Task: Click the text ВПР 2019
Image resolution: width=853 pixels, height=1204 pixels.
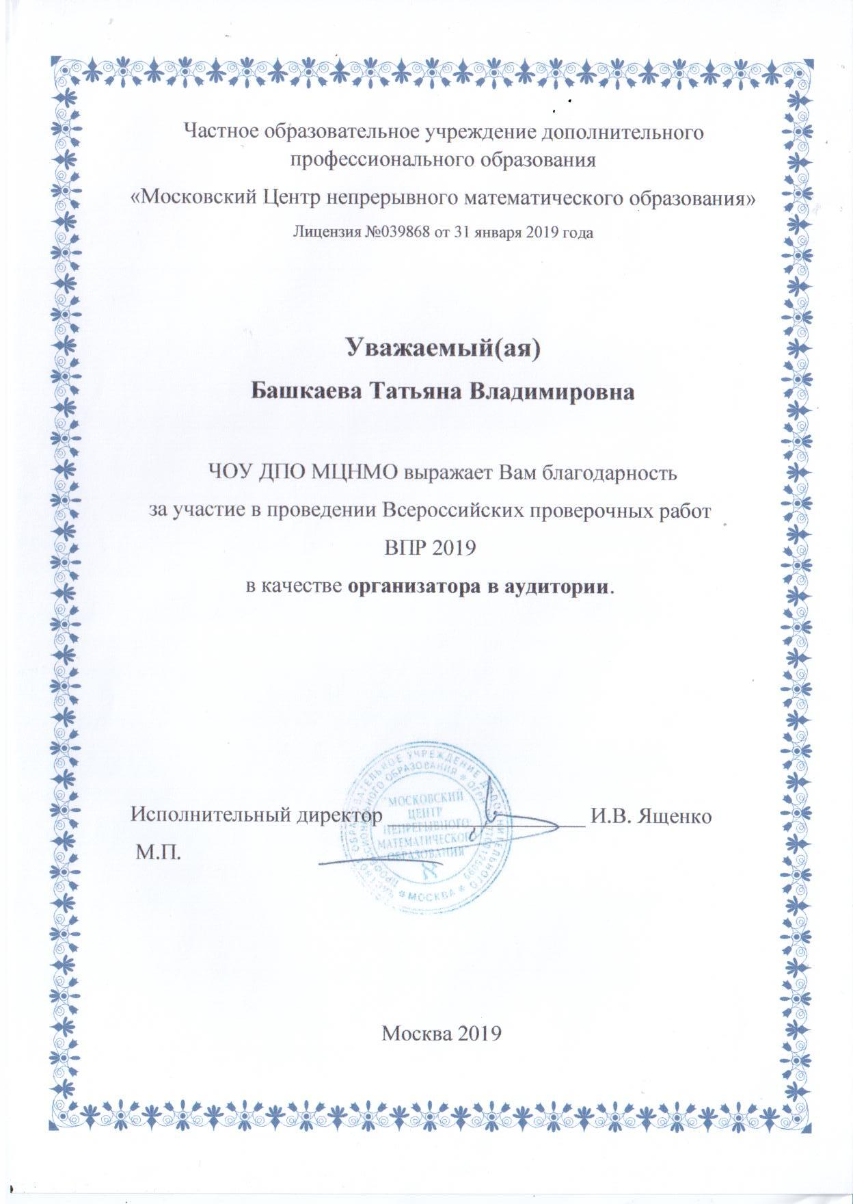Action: (x=426, y=548)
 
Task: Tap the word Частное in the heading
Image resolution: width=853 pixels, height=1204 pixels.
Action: (x=216, y=132)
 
